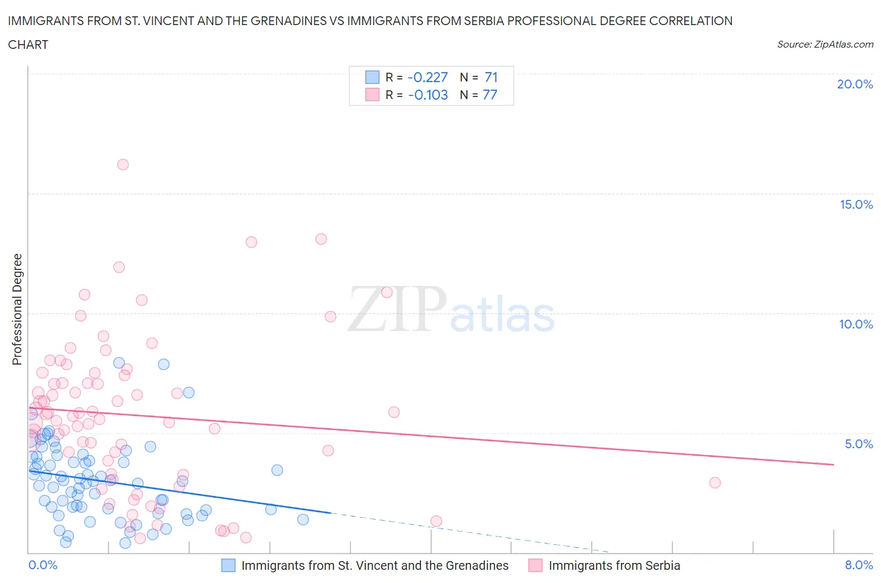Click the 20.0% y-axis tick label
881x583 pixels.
click(855, 84)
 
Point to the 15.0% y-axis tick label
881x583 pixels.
click(856, 204)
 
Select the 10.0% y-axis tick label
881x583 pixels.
click(856, 324)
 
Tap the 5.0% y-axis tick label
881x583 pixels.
click(858, 444)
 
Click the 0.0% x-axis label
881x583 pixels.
click(43, 565)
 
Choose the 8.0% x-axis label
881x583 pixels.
click(858, 565)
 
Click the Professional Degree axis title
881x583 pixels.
click(17, 309)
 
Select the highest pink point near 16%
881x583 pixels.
click(123, 164)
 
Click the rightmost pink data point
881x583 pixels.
click(715, 483)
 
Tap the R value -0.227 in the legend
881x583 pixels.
click(427, 77)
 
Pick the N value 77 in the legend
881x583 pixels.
click(489, 95)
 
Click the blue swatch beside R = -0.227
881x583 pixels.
click(372, 77)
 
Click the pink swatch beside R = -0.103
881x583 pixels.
click(372, 95)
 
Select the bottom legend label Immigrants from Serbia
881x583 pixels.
click(614, 565)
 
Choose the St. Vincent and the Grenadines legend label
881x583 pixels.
click(375, 565)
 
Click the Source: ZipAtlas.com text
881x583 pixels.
click(825, 44)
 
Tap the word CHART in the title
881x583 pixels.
click(28, 45)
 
